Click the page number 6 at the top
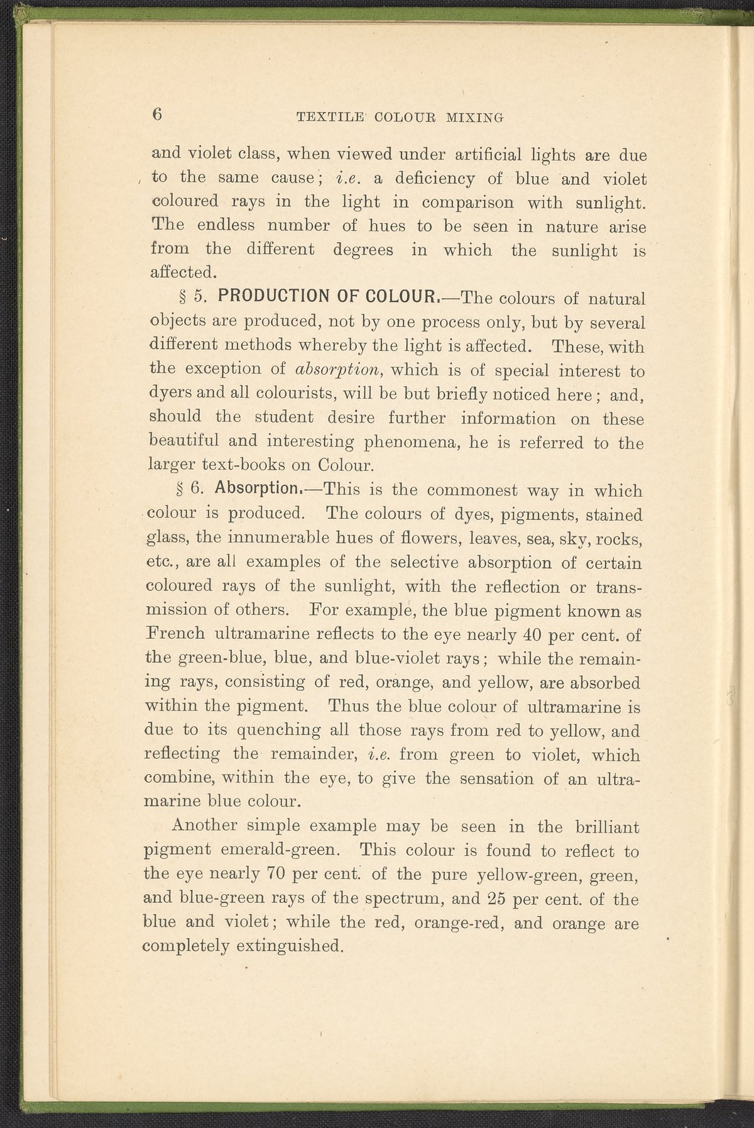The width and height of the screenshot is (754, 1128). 157,114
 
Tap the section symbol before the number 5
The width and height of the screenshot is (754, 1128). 185,296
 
